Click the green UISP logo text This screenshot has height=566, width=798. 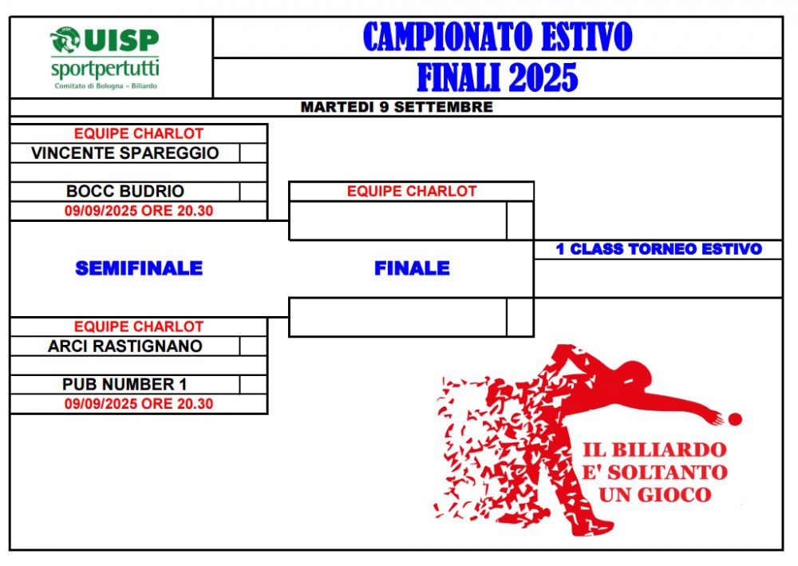pos(121,40)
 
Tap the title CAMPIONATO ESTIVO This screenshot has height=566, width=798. pos(498,37)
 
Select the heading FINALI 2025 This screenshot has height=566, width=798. pos(498,77)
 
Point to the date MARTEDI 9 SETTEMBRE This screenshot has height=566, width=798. pos(397,107)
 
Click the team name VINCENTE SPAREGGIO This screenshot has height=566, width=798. pos(124,152)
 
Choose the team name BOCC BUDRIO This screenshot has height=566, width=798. pos(124,191)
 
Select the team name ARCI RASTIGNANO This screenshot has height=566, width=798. pos(124,346)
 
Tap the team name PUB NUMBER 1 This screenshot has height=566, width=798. pos(124,384)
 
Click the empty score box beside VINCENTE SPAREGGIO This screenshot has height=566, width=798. pos(253,152)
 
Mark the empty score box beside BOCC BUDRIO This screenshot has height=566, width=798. pos(253,192)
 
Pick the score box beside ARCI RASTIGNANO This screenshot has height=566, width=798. pos(253,346)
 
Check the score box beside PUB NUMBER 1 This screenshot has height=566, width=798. pos(253,384)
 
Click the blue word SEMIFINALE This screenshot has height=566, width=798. pos(139,268)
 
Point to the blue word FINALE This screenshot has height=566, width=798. pos(412,268)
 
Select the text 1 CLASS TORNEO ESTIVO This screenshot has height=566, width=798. pos(658,249)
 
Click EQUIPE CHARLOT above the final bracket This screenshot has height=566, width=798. pos(411,192)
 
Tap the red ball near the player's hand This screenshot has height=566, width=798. pos(736,419)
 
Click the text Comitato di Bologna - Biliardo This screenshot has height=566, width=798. pos(106,86)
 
